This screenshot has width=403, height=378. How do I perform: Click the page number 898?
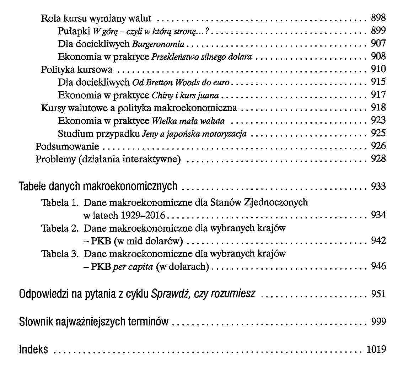[x=378, y=18]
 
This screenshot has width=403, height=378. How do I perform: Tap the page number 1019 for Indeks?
[x=376, y=350]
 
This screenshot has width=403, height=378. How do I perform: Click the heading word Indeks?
[x=33, y=350]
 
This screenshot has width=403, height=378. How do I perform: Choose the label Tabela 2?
[x=59, y=228]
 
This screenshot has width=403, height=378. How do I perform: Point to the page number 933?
[x=378, y=186]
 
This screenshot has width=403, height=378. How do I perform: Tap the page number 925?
[x=378, y=134]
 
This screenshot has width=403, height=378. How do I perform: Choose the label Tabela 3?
[x=59, y=254]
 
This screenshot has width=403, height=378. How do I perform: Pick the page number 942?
[x=378, y=241]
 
